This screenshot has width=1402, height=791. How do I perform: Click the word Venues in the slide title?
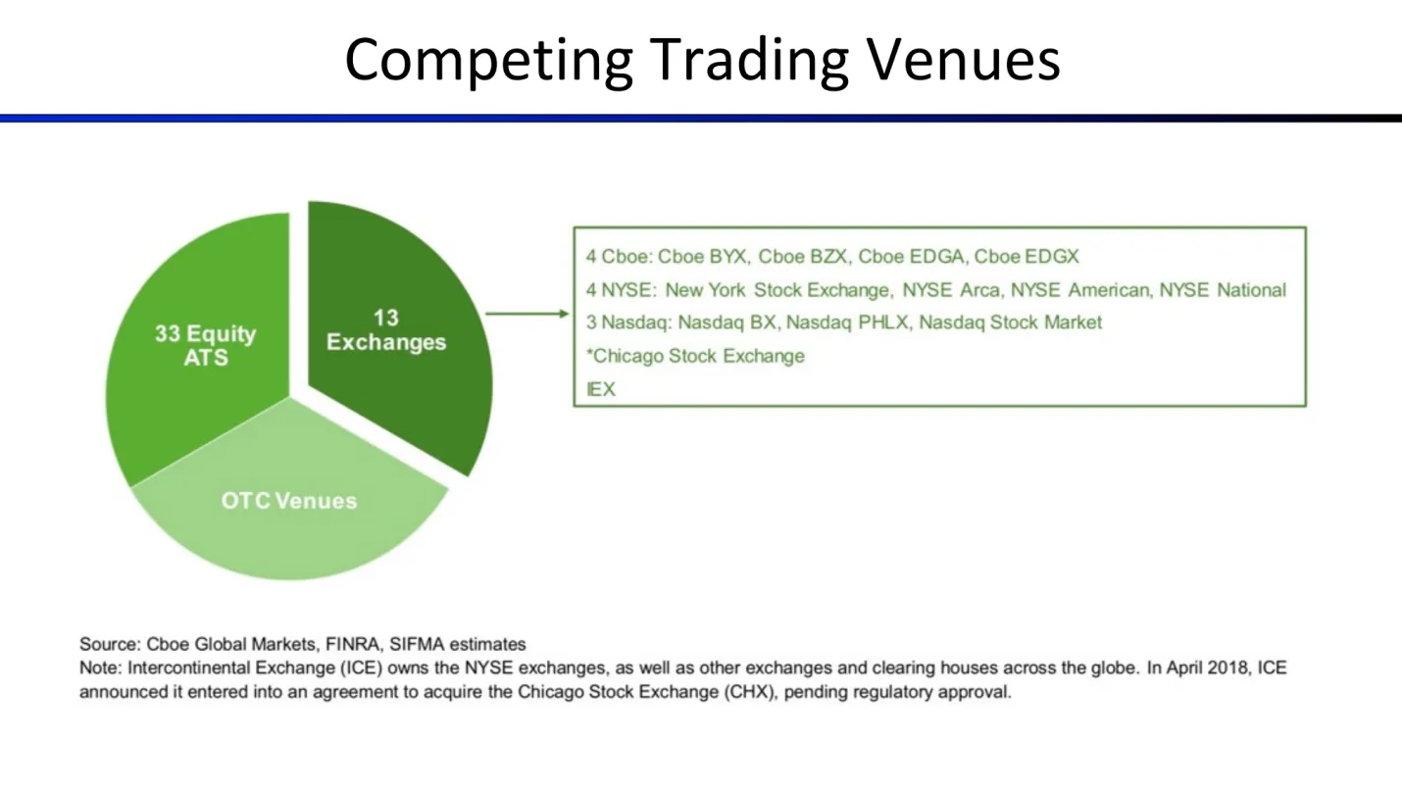pyautogui.click(x=964, y=60)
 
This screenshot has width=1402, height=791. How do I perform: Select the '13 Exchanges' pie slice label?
pyautogui.click(x=386, y=329)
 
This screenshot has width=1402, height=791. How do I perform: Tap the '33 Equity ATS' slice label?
pyautogui.click(x=205, y=345)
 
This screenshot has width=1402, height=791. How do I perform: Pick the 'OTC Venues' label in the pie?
pyautogui.click(x=289, y=501)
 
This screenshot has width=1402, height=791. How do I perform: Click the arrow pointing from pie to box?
pyautogui.click(x=527, y=314)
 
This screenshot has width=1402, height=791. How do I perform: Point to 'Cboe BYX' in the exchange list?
pyautogui.click(x=703, y=257)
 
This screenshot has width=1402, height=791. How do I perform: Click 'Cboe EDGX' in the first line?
pyautogui.click(x=1026, y=257)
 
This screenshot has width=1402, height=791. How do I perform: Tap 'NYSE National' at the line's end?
pyautogui.click(x=1223, y=290)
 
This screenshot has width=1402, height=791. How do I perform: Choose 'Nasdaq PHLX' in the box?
pyautogui.click(x=848, y=322)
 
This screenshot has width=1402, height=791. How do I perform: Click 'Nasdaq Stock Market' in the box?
pyautogui.click(x=1010, y=322)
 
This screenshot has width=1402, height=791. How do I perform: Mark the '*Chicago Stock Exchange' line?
pyautogui.click(x=695, y=356)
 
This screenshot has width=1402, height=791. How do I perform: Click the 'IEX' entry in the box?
pyautogui.click(x=601, y=390)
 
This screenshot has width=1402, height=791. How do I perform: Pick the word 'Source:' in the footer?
pyautogui.click(x=110, y=645)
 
